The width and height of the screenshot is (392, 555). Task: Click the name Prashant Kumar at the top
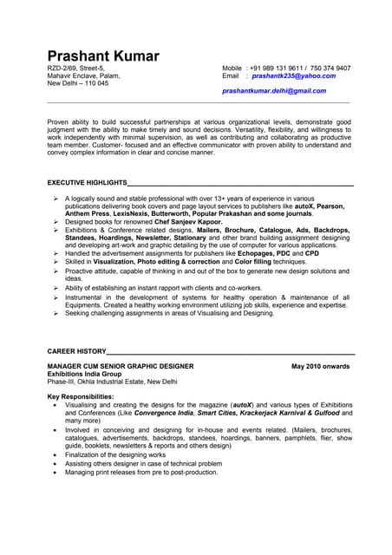(x=103, y=55)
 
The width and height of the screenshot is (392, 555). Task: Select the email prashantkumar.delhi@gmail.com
(x=274, y=90)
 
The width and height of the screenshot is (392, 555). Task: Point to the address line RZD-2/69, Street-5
(x=76, y=68)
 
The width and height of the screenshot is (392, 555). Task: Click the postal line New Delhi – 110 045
(x=78, y=83)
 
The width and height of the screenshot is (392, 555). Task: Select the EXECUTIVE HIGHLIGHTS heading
(x=87, y=183)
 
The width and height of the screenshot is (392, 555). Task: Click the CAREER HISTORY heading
(x=76, y=351)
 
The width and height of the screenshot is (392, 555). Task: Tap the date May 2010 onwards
(x=321, y=366)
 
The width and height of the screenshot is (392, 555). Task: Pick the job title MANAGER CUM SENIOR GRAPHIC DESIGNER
(x=121, y=366)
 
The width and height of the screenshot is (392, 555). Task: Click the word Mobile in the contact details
(x=232, y=68)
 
